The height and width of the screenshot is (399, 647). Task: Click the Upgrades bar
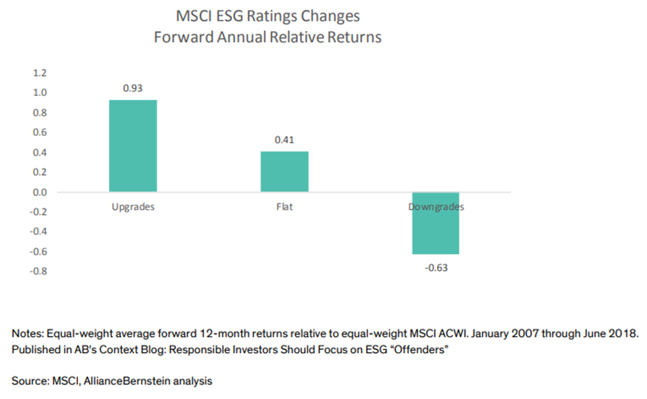pyautogui.click(x=133, y=146)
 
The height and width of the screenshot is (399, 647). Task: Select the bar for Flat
pyautogui.click(x=284, y=172)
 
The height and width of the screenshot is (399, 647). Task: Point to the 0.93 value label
pyautogui.click(x=133, y=88)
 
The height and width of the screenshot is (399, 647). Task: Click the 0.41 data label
pyautogui.click(x=284, y=140)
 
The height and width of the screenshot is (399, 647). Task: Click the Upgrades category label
pyautogui.click(x=133, y=207)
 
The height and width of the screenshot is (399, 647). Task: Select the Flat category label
pyautogui.click(x=284, y=207)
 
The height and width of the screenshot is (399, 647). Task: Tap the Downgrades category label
pyautogui.click(x=436, y=207)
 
